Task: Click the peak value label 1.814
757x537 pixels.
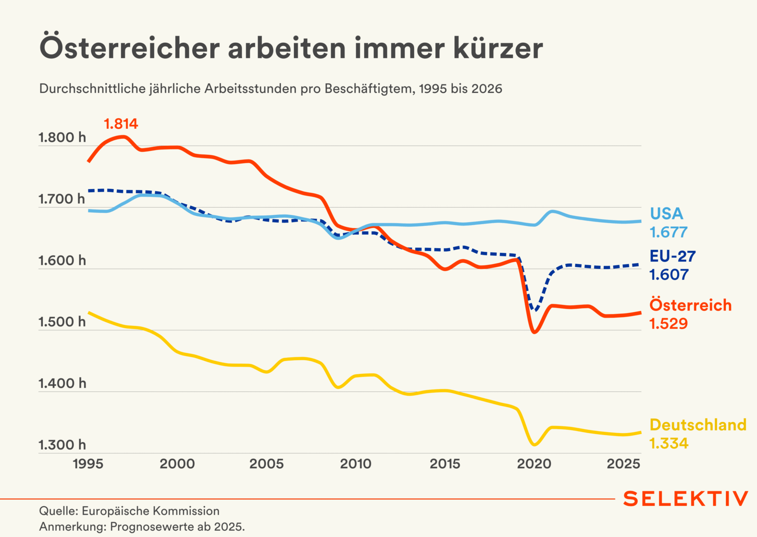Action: pyautogui.click(x=121, y=124)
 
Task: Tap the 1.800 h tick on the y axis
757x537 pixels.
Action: pyautogui.click(x=62, y=137)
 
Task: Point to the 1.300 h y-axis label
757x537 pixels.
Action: pyautogui.click(x=62, y=445)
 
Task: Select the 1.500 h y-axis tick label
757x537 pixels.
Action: pyautogui.click(x=62, y=322)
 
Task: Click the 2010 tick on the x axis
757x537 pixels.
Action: pyautogui.click(x=355, y=464)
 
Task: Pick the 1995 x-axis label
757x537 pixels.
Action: pyautogui.click(x=88, y=464)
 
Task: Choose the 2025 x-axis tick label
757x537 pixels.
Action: pyautogui.click(x=623, y=464)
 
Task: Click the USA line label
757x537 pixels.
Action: pyautogui.click(x=666, y=213)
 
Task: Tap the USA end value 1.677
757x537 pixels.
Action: pyautogui.click(x=669, y=233)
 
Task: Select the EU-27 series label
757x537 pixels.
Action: pyautogui.click(x=672, y=256)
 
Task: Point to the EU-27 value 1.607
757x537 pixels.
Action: pyautogui.click(x=669, y=275)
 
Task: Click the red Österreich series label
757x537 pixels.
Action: pyautogui.click(x=690, y=305)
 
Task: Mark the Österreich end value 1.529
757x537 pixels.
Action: pyautogui.click(x=669, y=324)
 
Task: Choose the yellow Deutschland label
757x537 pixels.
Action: pyautogui.click(x=698, y=425)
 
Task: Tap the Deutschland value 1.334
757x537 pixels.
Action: pyautogui.click(x=669, y=443)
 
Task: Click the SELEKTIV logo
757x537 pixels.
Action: pyautogui.click(x=685, y=499)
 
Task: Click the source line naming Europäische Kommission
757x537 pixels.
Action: pyautogui.click(x=129, y=511)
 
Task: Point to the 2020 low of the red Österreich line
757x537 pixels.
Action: pyautogui.click(x=534, y=332)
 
